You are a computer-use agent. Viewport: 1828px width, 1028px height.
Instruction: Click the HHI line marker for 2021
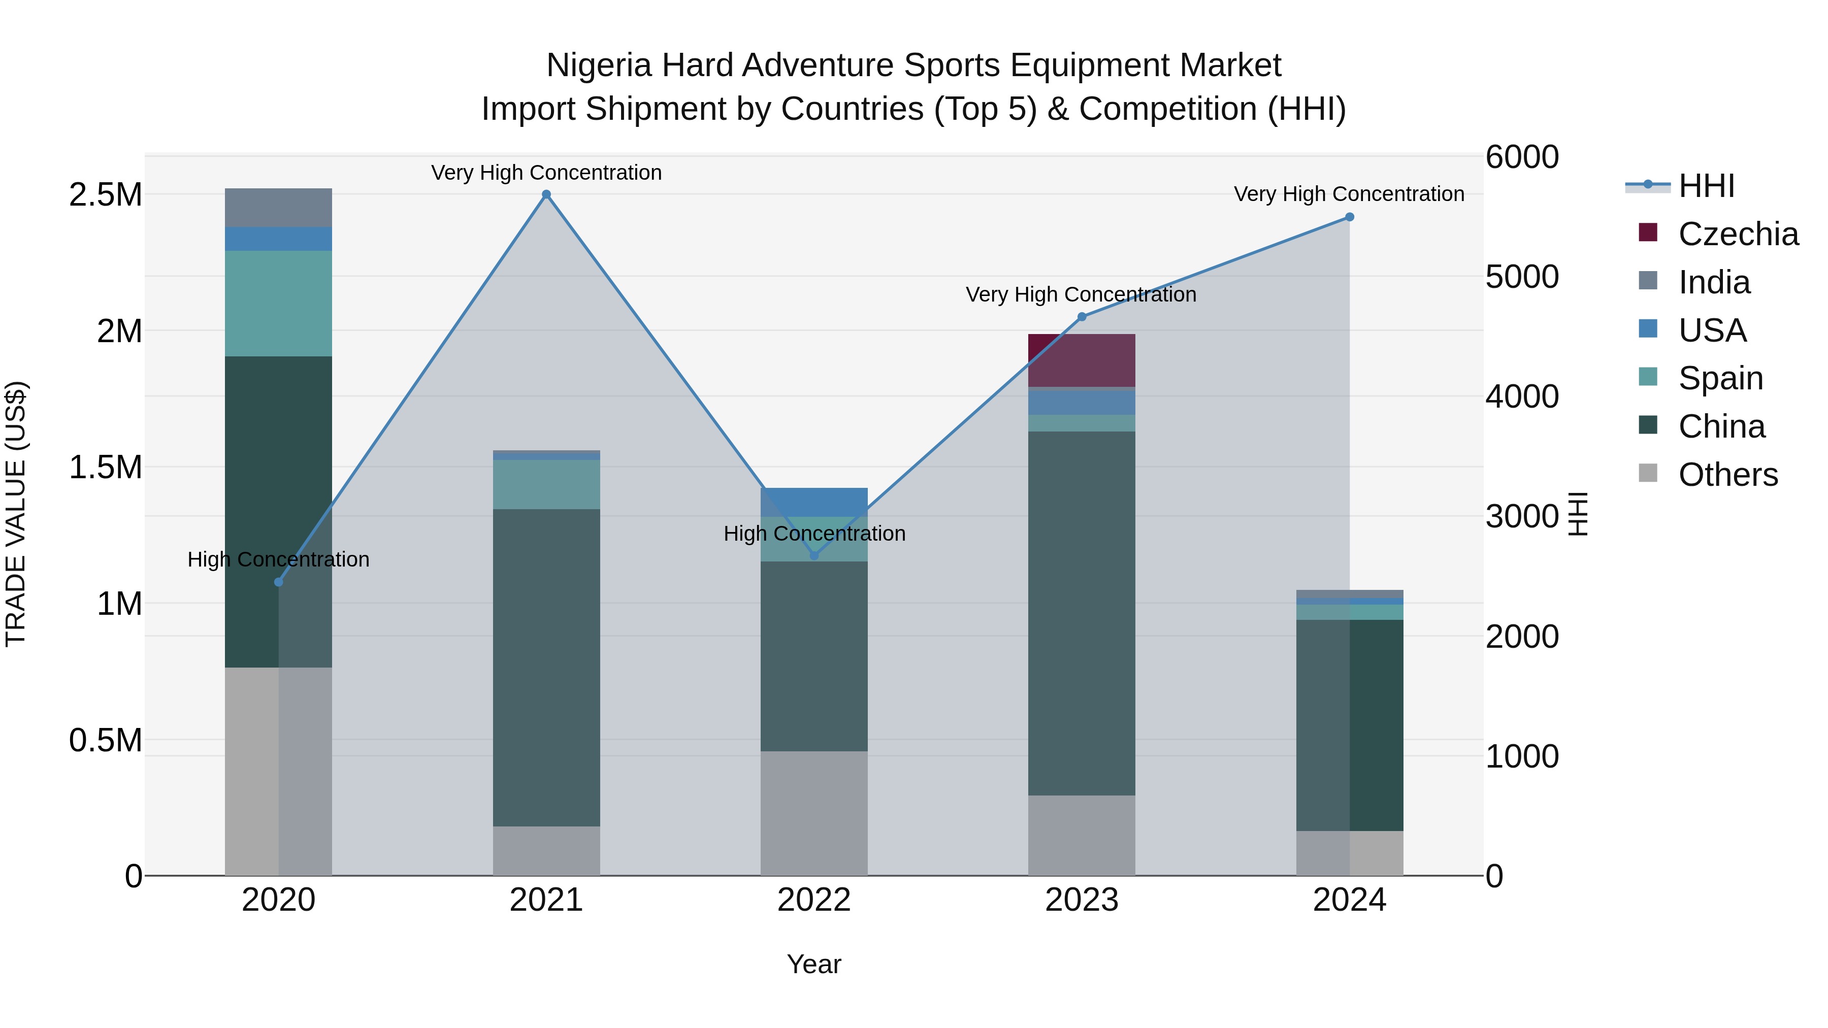(546, 194)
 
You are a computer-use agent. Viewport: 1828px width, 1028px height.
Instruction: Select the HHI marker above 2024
(1349, 217)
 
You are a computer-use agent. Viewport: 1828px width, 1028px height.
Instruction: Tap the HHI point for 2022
(814, 555)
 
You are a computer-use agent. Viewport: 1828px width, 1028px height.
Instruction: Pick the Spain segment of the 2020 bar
(278, 303)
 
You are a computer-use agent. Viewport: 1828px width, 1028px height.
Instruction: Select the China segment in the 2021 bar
(546, 667)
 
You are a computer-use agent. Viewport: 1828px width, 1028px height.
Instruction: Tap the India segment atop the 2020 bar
(278, 207)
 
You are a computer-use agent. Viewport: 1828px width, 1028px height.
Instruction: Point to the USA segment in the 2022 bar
(814, 502)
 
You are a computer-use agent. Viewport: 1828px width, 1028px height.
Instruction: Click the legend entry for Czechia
(1738, 234)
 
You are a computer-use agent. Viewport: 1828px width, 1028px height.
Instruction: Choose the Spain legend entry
(1720, 378)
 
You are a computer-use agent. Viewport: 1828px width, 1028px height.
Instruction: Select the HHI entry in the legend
(1706, 186)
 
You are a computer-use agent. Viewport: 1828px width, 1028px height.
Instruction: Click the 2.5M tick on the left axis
(105, 195)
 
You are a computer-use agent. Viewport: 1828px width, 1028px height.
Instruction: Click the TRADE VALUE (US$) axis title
(16, 514)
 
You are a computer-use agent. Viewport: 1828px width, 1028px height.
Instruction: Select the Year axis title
(814, 964)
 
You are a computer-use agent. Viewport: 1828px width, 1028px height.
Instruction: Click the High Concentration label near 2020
(278, 560)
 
